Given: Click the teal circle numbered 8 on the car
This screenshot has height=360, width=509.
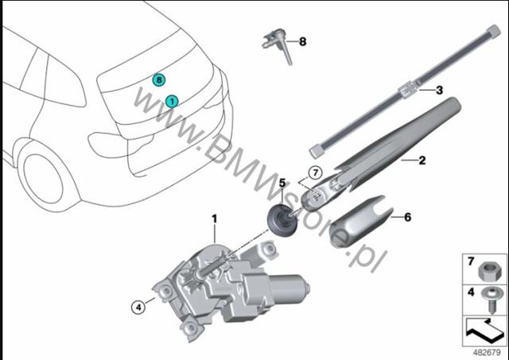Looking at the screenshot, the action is (159, 79).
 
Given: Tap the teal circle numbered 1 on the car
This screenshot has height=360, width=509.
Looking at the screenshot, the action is (172, 102).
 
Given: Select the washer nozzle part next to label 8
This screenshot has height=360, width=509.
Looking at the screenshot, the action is (277, 45).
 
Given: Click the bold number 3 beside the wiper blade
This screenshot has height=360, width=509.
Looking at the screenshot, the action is (439, 90).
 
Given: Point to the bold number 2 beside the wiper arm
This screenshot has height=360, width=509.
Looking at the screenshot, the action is (422, 160).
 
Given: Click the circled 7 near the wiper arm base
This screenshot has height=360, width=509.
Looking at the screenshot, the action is (315, 173).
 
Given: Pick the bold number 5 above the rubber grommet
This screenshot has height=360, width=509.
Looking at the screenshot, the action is (282, 184).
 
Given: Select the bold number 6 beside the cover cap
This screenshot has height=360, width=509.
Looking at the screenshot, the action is (408, 217).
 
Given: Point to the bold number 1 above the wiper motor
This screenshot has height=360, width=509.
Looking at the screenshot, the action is (214, 219).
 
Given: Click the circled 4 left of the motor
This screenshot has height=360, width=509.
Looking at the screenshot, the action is (138, 307).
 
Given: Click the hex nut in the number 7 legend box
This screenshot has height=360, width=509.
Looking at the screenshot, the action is (490, 271).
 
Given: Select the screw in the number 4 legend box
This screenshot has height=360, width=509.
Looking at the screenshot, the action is (492, 300).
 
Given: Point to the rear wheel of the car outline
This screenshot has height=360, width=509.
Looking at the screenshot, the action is (44, 178).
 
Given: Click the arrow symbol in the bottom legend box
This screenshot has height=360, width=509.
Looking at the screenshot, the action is (484, 331).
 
